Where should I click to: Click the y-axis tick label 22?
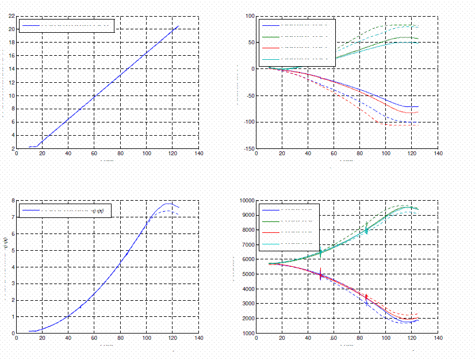12,16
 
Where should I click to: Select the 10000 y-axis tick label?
246,201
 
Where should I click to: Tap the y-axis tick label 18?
12,42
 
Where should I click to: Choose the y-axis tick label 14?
12,69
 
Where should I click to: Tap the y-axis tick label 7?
13,217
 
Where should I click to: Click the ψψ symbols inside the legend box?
97,211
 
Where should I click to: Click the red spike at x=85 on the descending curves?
366,298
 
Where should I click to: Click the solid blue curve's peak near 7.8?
168,204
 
